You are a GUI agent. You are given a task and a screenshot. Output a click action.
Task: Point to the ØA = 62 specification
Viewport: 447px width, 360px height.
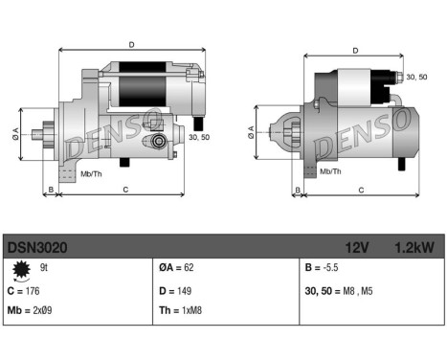point(179,270)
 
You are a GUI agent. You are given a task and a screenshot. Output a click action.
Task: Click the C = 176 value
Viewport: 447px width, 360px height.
point(28,290)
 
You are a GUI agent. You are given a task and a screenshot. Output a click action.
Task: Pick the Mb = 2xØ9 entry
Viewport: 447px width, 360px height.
point(32,310)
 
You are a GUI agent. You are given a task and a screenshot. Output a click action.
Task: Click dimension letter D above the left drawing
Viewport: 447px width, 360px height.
point(131,43)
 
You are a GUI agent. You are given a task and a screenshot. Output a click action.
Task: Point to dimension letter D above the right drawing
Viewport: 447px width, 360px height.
point(355,51)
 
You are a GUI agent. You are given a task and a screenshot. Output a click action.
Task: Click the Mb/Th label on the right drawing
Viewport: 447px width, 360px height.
point(331,171)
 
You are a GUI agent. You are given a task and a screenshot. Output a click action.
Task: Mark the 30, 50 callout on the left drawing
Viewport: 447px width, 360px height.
point(199,137)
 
